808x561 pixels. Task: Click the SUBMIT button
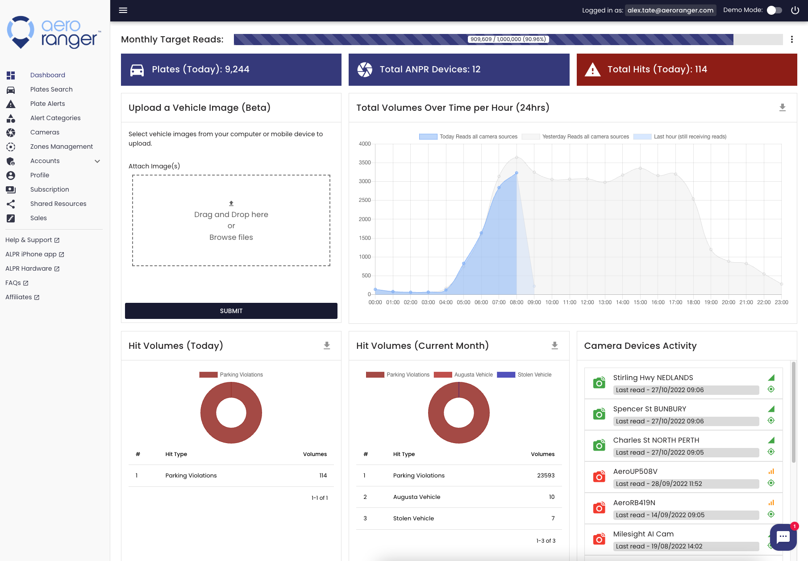coord(231,311)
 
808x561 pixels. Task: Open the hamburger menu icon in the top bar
coord(123,10)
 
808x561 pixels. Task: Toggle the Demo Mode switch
coord(775,10)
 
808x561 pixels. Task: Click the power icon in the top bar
coord(795,10)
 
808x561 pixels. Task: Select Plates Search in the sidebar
coord(51,89)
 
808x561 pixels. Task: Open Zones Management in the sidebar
coord(62,147)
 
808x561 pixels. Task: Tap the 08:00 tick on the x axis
coord(516,302)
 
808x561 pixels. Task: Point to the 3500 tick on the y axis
coord(365,163)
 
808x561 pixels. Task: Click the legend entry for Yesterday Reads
coord(575,137)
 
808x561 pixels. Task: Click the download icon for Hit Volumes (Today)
coord(327,345)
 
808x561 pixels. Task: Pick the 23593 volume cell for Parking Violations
coord(546,475)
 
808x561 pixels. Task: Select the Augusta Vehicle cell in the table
coord(416,497)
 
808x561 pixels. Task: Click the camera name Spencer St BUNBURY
coord(650,409)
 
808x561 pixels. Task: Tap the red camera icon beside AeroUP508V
coord(599,477)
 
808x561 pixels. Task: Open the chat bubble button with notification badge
coord(783,537)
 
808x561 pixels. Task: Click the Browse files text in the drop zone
coord(231,237)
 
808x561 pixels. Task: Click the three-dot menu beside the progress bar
coord(792,39)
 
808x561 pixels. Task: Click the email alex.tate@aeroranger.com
coord(671,10)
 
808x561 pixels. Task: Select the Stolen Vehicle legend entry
coord(525,375)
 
